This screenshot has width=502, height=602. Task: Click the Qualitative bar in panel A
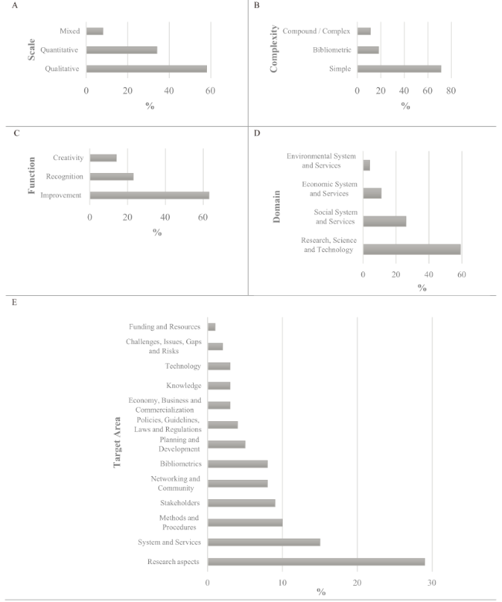[x=147, y=69]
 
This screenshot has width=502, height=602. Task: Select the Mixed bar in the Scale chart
[x=95, y=31]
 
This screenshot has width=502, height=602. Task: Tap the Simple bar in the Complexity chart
[x=399, y=69]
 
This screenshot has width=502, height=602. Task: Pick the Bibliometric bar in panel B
[x=368, y=50]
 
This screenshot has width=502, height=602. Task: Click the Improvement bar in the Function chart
[x=150, y=195]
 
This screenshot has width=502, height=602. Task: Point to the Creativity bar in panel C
[x=103, y=158]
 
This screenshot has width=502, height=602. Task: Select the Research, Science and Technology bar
[x=412, y=249]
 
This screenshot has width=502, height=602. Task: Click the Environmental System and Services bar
[x=367, y=165]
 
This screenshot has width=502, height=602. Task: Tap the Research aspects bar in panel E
[x=316, y=562]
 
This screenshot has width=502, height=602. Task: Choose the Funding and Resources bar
[x=212, y=327]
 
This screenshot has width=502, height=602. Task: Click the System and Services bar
[x=264, y=542]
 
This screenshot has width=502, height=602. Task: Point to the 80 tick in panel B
[x=451, y=90]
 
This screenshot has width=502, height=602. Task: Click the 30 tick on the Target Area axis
[x=432, y=583]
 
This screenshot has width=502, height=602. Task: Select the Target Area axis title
[x=117, y=442]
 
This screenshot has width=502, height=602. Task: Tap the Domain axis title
[x=276, y=206]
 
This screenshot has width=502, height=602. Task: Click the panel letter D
[x=256, y=133]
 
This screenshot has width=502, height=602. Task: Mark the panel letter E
[x=14, y=302]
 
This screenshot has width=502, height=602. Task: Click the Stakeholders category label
[x=180, y=502]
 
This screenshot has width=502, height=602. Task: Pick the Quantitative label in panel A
[x=59, y=50]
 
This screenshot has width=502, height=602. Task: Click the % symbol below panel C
[x=157, y=233]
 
